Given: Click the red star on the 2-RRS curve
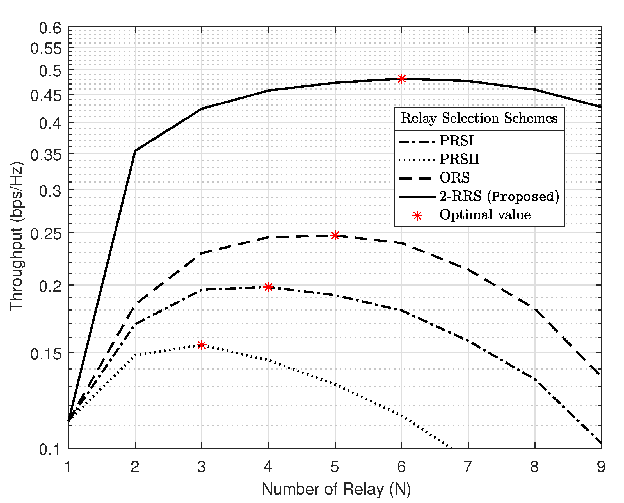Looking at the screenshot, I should (x=401, y=79).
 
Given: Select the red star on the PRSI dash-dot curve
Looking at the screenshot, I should (x=268, y=287).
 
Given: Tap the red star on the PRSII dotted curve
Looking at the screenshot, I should (x=202, y=345).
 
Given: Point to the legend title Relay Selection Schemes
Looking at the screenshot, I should (x=479, y=118).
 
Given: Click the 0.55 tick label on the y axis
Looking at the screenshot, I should (x=46, y=48).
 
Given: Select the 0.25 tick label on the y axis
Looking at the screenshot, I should (x=46, y=234).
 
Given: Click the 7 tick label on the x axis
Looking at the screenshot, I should (x=468, y=467).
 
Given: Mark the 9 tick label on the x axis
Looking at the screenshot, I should (x=601, y=467).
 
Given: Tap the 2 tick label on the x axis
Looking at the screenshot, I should (x=135, y=467).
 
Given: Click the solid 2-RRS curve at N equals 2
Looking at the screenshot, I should (x=135, y=151).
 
